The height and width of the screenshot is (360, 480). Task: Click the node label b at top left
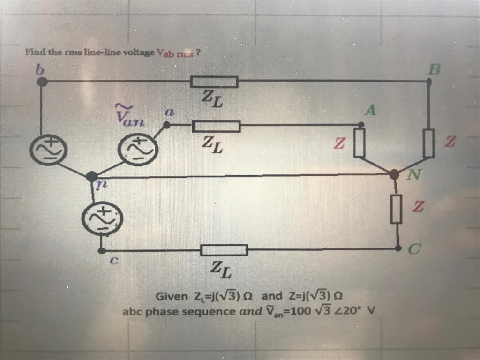point(40,69)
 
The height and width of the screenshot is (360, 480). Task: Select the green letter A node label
point(371,110)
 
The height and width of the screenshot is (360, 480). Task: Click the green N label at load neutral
point(413,176)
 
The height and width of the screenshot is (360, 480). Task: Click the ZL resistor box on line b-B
point(215,82)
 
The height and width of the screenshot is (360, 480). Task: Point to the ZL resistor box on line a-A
point(216,126)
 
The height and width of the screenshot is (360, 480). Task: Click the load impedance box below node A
point(360,143)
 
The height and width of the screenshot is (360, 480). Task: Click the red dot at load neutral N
point(394,174)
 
